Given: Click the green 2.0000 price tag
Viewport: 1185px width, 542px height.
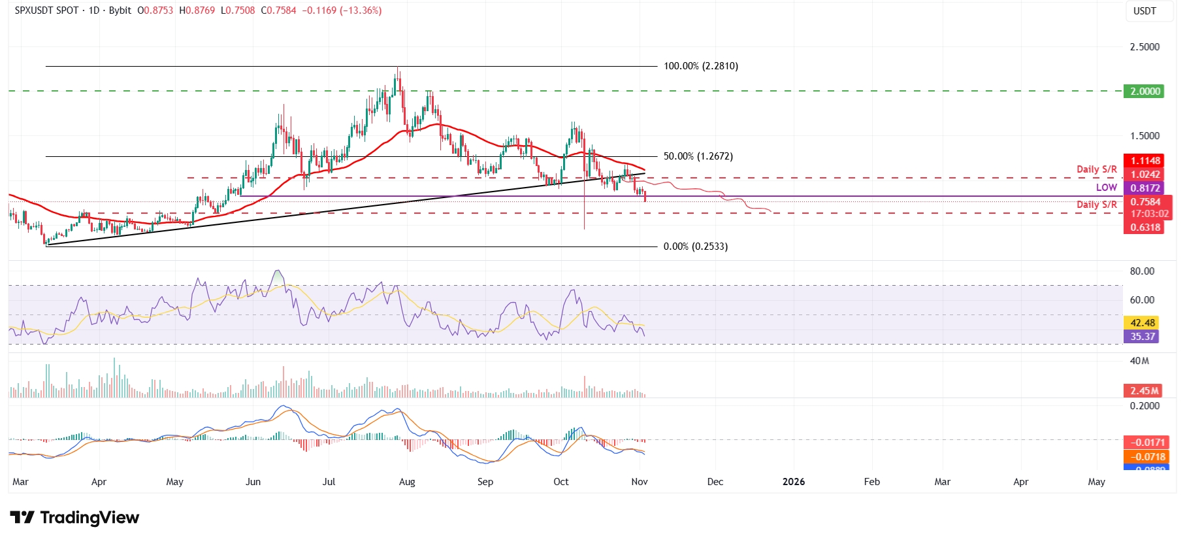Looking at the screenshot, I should [x=1145, y=92].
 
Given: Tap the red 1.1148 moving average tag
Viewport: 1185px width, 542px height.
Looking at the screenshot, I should [x=1145, y=161].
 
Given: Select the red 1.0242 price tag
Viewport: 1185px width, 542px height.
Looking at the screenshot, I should [x=1145, y=175].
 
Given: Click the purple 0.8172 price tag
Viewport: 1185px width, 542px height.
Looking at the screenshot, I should [x=1145, y=188].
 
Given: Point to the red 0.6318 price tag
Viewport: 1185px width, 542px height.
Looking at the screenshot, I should [x=1145, y=228].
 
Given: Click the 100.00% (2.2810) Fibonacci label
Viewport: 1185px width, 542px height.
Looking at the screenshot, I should [x=701, y=66].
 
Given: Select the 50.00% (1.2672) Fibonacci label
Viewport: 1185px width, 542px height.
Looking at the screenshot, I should [x=698, y=156].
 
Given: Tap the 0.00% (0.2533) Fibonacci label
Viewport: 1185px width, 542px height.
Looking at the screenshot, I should [x=695, y=246].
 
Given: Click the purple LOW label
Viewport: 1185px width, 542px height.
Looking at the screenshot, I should [x=1106, y=188].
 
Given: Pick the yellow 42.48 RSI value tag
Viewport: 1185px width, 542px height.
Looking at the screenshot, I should [x=1143, y=323].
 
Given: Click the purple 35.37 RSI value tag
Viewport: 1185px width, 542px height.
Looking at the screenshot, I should [x=1143, y=337].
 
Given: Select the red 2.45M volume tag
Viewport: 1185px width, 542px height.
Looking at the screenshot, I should [x=1144, y=391].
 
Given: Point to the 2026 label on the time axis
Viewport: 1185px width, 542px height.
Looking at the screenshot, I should [x=793, y=482].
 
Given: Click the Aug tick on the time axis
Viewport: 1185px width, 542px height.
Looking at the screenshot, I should [x=407, y=482].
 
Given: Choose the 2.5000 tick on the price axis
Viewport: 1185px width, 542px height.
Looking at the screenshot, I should [x=1144, y=47].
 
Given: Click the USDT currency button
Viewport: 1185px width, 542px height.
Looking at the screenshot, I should [x=1144, y=11].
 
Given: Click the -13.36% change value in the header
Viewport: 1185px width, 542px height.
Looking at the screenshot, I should [x=361, y=10].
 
